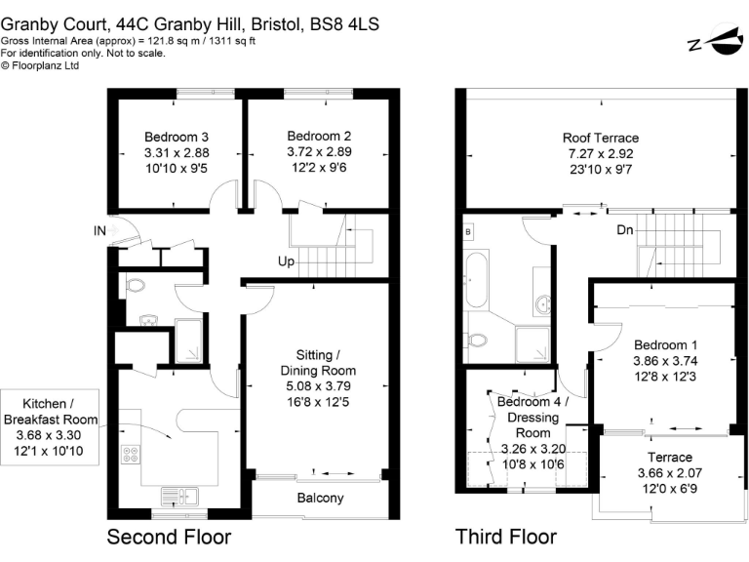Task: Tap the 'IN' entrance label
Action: click(x=99, y=231)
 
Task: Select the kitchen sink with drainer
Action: click(x=177, y=495)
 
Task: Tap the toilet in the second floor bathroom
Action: click(x=136, y=286)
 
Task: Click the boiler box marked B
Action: click(x=469, y=232)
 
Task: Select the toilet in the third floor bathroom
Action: click(x=476, y=341)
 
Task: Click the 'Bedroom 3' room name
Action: click(x=177, y=137)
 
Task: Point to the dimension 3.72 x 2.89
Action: click(x=319, y=153)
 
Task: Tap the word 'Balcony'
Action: click(x=320, y=499)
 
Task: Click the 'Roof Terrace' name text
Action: click(x=599, y=138)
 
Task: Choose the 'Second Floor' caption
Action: click(x=169, y=537)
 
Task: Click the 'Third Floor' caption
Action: click(x=506, y=537)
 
